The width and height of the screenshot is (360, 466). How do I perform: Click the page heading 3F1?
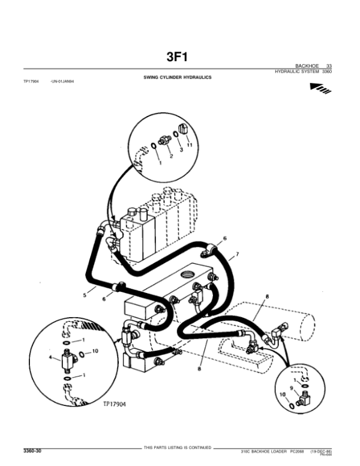179,57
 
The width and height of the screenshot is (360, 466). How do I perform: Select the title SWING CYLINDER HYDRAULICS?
177,78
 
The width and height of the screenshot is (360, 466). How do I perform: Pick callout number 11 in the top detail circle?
189,146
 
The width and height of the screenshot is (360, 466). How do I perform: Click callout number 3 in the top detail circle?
181,151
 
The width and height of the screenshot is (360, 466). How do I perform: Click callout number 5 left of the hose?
85,295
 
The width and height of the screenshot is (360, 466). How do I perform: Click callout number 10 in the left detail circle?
95,351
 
